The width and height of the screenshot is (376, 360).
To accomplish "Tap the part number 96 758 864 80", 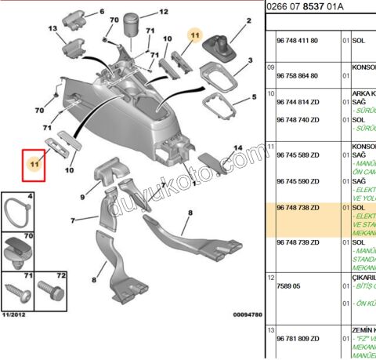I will tap(299, 75).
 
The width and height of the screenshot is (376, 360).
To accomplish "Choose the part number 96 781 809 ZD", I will tap(299, 338).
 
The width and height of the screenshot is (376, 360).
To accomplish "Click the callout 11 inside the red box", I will tap(34, 165).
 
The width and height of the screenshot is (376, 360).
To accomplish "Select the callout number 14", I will tap(238, 148).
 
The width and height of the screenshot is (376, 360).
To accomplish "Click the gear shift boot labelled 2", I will tap(222, 49).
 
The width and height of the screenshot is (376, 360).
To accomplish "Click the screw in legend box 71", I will tap(18, 292).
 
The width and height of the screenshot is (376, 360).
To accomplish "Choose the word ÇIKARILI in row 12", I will tap(361, 277).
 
